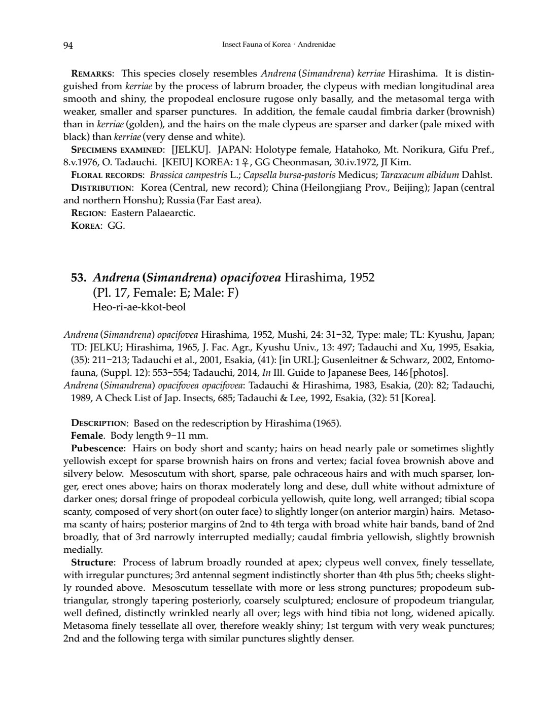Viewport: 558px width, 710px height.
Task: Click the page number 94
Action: tap(68, 45)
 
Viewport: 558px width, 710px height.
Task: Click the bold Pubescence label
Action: tap(97, 448)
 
